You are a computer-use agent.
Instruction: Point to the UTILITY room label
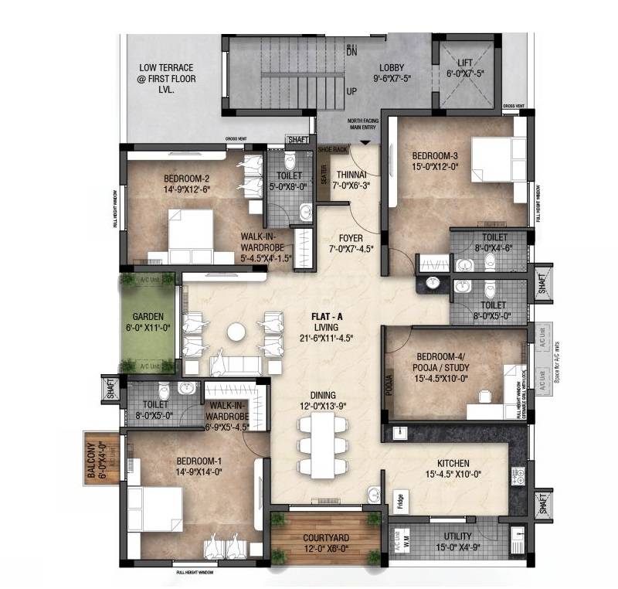(x=458, y=536)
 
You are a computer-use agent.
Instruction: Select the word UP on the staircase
(x=351, y=90)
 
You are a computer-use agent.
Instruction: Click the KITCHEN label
(x=452, y=464)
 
